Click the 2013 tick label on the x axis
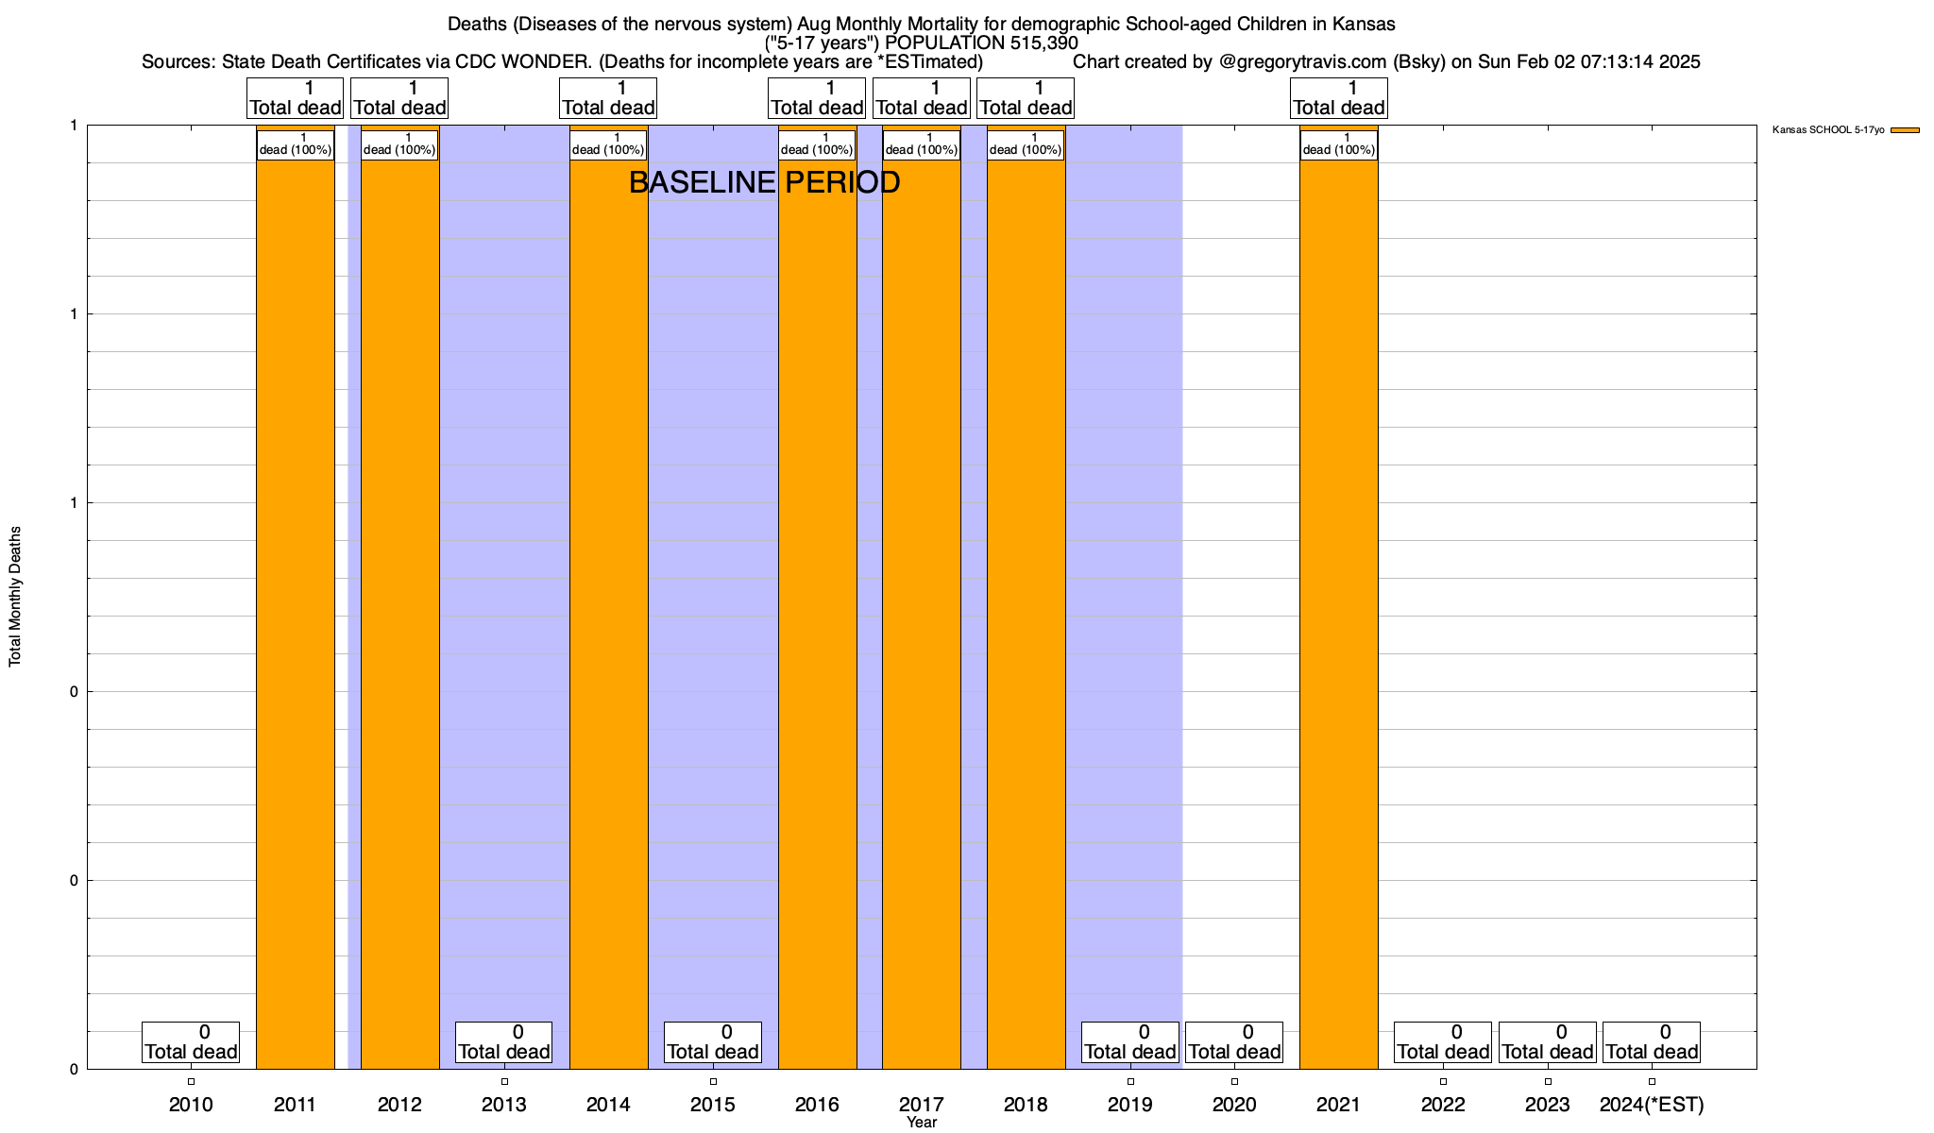click(504, 1104)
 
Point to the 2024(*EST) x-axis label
click(1652, 1104)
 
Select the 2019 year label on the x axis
click(1130, 1104)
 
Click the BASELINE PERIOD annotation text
click(764, 182)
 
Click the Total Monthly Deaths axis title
click(15, 597)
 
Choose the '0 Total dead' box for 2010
click(191, 1041)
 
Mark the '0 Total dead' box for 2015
click(713, 1041)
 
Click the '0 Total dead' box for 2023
click(1548, 1041)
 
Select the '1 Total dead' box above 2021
click(1339, 98)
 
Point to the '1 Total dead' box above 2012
click(399, 98)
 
